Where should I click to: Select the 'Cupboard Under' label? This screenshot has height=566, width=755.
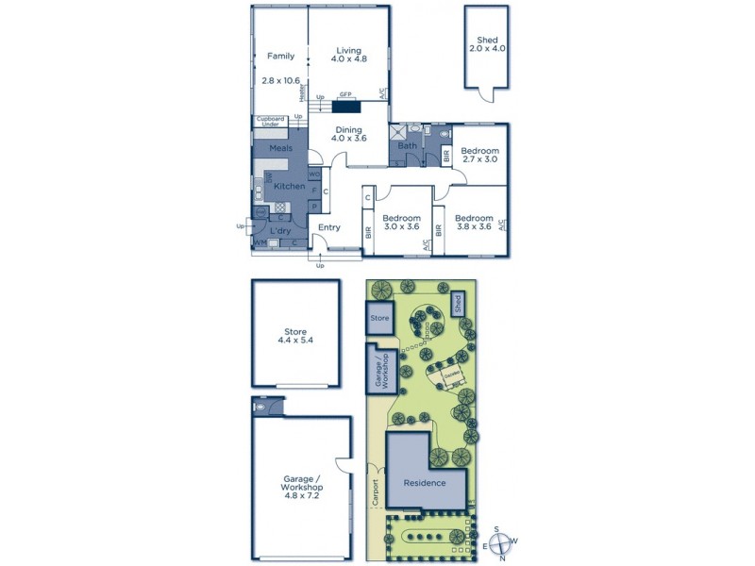click(272, 121)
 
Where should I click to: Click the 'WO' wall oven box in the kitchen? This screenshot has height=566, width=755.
click(314, 175)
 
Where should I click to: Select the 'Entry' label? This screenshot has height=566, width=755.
click(328, 227)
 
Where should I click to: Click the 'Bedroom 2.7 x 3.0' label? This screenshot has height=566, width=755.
click(479, 156)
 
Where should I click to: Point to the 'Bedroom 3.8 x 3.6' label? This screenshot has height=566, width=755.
click(475, 222)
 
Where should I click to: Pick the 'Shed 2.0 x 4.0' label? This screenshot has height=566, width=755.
click(487, 43)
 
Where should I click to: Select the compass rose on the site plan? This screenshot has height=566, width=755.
click(501, 541)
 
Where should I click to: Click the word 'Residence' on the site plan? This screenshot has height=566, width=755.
click(425, 482)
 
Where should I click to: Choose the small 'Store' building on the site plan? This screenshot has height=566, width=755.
click(379, 319)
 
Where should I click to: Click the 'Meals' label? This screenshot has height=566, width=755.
click(280, 148)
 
